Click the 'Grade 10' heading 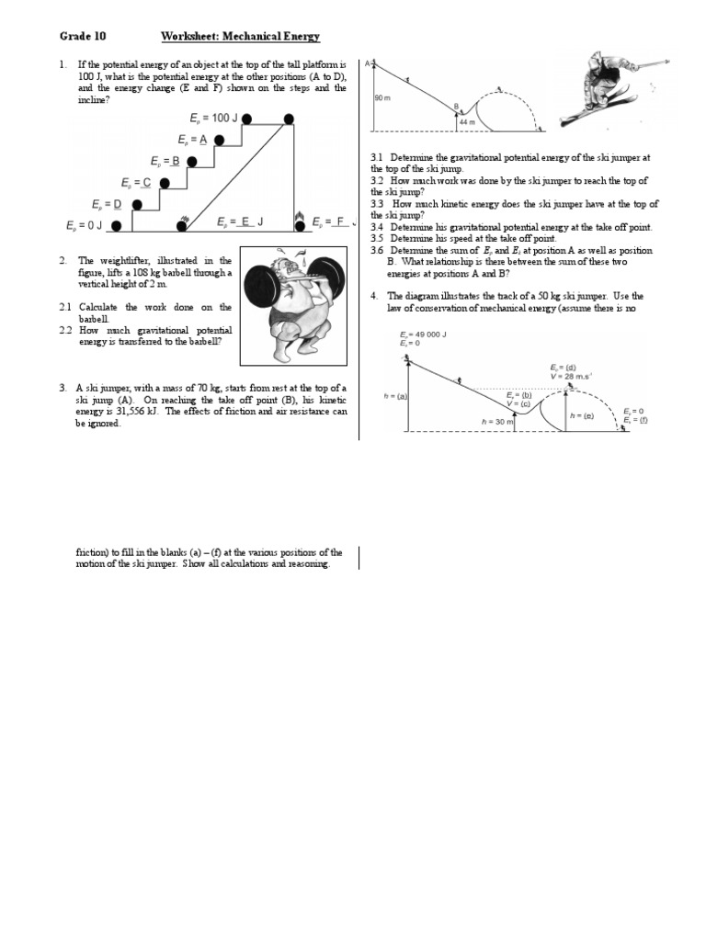point(83,36)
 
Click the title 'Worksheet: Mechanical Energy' point(240,36)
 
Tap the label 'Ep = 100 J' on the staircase point(214,119)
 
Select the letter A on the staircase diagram point(203,140)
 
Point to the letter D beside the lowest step point(117,204)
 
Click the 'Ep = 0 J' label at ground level point(85,225)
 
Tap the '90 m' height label point(383,97)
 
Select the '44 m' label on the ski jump point(468,121)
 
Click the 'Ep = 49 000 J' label point(423,334)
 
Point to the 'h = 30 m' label point(497,420)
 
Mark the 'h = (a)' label point(395,396)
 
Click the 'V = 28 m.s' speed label point(568,376)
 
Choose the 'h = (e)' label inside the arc point(582,415)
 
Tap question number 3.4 point(377,227)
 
